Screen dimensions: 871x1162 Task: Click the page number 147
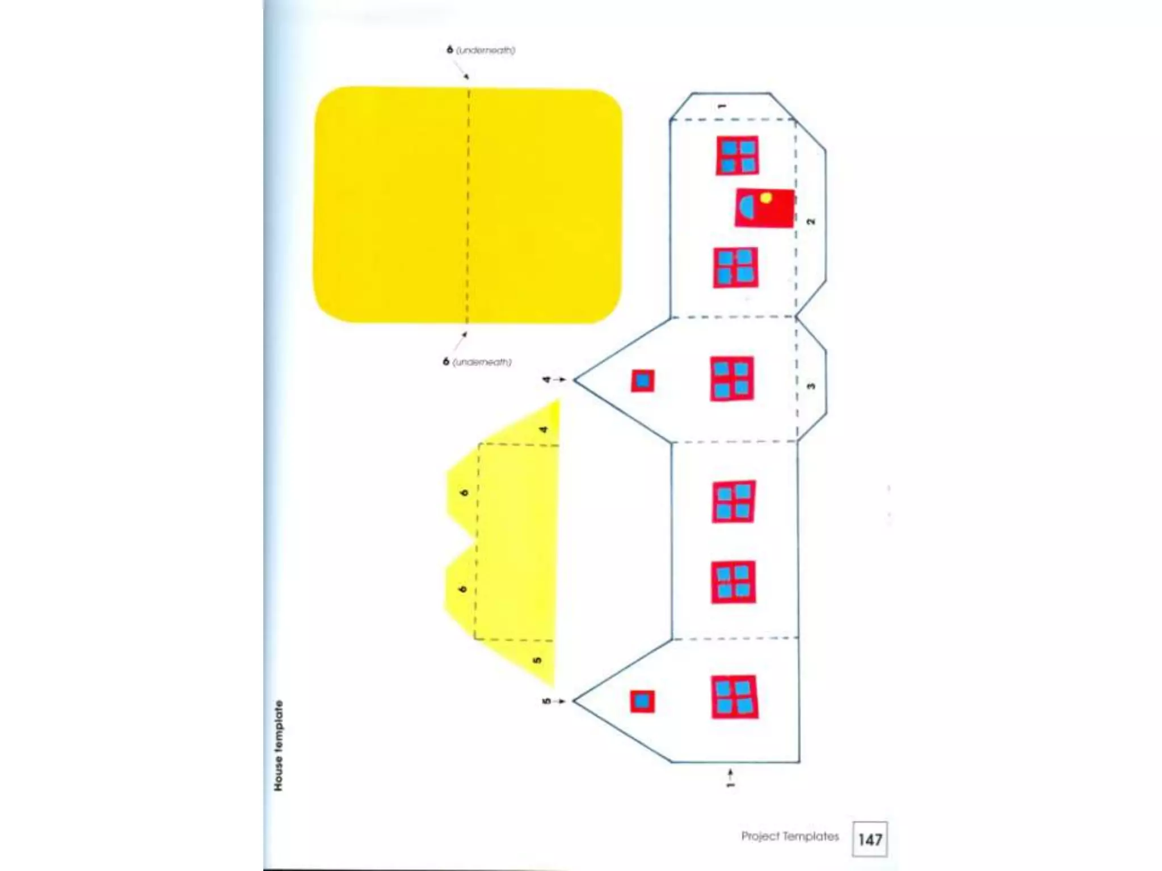870,839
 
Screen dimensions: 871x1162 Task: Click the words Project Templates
790,836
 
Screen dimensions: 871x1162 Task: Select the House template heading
278,746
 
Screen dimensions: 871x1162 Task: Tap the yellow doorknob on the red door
766,198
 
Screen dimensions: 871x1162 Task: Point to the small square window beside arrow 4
643,380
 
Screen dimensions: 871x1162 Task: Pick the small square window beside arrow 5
642,701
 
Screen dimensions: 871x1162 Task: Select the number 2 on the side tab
811,221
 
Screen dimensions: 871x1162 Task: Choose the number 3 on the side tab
811,386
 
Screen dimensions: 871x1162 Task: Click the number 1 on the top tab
722,106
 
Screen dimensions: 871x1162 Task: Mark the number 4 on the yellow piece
544,429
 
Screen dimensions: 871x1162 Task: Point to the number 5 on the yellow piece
537,659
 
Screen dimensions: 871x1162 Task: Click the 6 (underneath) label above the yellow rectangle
481,50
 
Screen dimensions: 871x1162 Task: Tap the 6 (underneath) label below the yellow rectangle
477,362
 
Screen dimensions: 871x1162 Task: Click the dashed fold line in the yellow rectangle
468,204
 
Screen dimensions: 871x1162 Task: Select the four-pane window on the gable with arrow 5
735,697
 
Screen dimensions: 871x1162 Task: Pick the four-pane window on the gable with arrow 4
732,379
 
